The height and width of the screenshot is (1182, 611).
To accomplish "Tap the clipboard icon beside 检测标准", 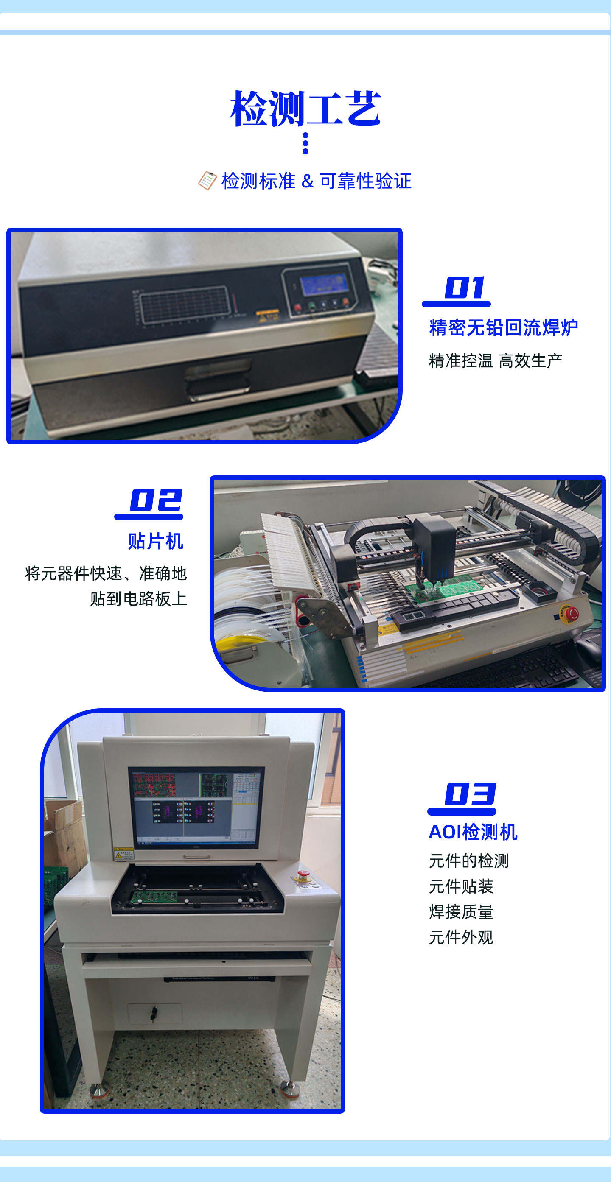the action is (x=207, y=181).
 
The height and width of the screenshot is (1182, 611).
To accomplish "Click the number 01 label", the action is (x=465, y=288).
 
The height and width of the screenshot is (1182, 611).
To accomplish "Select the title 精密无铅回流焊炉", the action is (x=503, y=327).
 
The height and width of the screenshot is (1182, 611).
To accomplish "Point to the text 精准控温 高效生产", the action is (x=495, y=360).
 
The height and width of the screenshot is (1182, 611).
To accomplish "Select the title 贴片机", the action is (x=156, y=541).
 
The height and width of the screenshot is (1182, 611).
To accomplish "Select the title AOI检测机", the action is (x=473, y=832).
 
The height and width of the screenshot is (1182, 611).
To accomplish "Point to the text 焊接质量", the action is (x=461, y=912).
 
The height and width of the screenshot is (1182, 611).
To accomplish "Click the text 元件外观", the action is (x=461, y=937).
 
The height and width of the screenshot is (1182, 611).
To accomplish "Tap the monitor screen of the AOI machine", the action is (x=196, y=808).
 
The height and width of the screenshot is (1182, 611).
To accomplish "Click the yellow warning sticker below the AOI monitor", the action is (x=123, y=853).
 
